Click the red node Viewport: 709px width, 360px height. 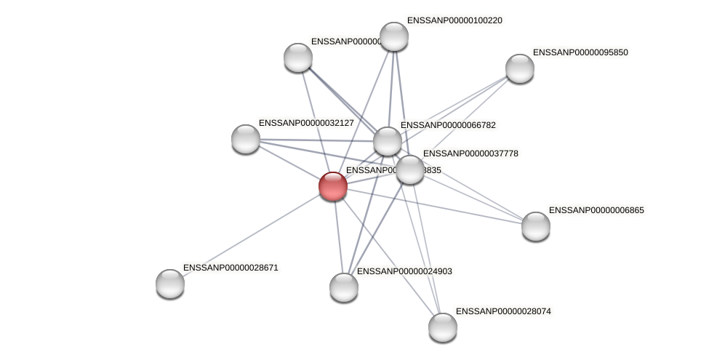[333, 186]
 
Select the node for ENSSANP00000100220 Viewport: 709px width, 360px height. [394, 36]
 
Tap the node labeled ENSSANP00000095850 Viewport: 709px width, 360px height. [519, 68]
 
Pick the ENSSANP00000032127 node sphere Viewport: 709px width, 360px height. [246, 138]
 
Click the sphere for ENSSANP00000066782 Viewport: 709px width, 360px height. [388, 140]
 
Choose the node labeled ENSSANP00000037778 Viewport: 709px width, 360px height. [410, 169]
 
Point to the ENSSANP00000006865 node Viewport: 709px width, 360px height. [535, 225]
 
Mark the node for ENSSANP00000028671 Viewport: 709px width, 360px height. [170, 283]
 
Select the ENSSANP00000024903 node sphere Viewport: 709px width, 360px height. [344, 287]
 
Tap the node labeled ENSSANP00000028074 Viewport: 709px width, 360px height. [442, 327]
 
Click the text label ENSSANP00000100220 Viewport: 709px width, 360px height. [454, 20]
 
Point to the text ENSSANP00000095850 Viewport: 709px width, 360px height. [580, 52]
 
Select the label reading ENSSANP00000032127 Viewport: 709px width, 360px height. [306, 123]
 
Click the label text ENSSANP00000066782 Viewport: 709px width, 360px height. [448, 125]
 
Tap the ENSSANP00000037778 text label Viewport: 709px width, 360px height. [470, 153]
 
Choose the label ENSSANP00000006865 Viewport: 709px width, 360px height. [596, 210]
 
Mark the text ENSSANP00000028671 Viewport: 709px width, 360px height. [231, 268]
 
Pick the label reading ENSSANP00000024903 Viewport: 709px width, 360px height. [404, 271]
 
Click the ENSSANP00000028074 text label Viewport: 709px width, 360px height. [503, 311]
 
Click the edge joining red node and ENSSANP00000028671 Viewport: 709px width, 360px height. [252, 234]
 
